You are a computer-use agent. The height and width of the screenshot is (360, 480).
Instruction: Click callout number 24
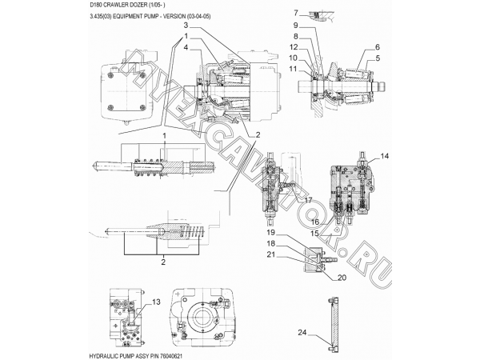(x=302, y=332)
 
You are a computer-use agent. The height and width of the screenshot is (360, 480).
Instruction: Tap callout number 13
(x=156, y=302)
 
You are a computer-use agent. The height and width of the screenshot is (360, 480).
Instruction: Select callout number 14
(x=385, y=156)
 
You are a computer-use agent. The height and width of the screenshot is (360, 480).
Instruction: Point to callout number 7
(x=296, y=13)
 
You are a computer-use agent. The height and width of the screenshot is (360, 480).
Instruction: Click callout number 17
(x=308, y=200)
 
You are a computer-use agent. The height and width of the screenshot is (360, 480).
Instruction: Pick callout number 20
(x=342, y=278)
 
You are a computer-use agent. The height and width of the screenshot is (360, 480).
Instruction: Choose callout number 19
(x=271, y=233)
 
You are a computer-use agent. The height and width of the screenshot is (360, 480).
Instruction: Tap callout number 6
(x=378, y=47)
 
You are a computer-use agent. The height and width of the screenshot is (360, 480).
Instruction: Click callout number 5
(x=378, y=58)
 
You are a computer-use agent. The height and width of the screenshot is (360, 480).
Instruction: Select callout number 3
(x=186, y=25)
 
